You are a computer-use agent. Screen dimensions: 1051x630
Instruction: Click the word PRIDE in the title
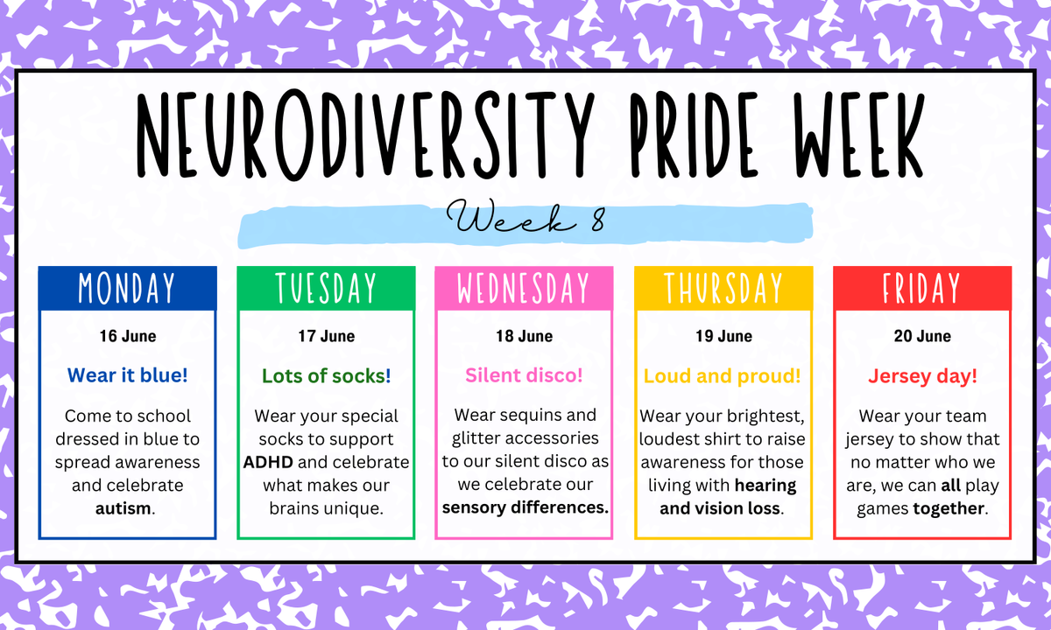[695, 136]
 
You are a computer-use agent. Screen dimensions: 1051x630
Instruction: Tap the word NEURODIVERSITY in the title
[366, 135]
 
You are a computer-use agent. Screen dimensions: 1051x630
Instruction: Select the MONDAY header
[127, 288]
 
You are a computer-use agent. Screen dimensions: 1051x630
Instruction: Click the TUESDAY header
[326, 288]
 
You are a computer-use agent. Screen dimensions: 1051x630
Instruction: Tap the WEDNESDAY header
[524, 288]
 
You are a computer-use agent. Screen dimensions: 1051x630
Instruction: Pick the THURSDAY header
[723, 288]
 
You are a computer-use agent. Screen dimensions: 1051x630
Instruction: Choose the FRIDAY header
[922, 288]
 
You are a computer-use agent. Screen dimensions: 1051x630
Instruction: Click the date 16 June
[128, 336]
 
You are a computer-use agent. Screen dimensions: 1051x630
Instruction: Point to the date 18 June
[525, 336]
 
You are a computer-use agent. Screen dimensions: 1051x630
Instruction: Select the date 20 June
[922, 336]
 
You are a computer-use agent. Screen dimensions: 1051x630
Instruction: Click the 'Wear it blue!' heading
[128, 375]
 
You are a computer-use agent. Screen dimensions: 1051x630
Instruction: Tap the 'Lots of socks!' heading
[326, 376]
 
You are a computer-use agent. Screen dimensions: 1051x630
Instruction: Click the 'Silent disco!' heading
[524, 375]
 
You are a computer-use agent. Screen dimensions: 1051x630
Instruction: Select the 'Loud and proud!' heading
[722, 376]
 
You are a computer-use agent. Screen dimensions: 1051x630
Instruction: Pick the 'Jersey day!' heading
[922, 376]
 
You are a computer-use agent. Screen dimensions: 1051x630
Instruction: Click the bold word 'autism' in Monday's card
[123, 508]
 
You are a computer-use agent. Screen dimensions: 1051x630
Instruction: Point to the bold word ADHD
[268, 462]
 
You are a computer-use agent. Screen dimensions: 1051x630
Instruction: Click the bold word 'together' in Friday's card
[949, 508]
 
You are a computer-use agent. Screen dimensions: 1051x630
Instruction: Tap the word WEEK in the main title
[858, 136]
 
